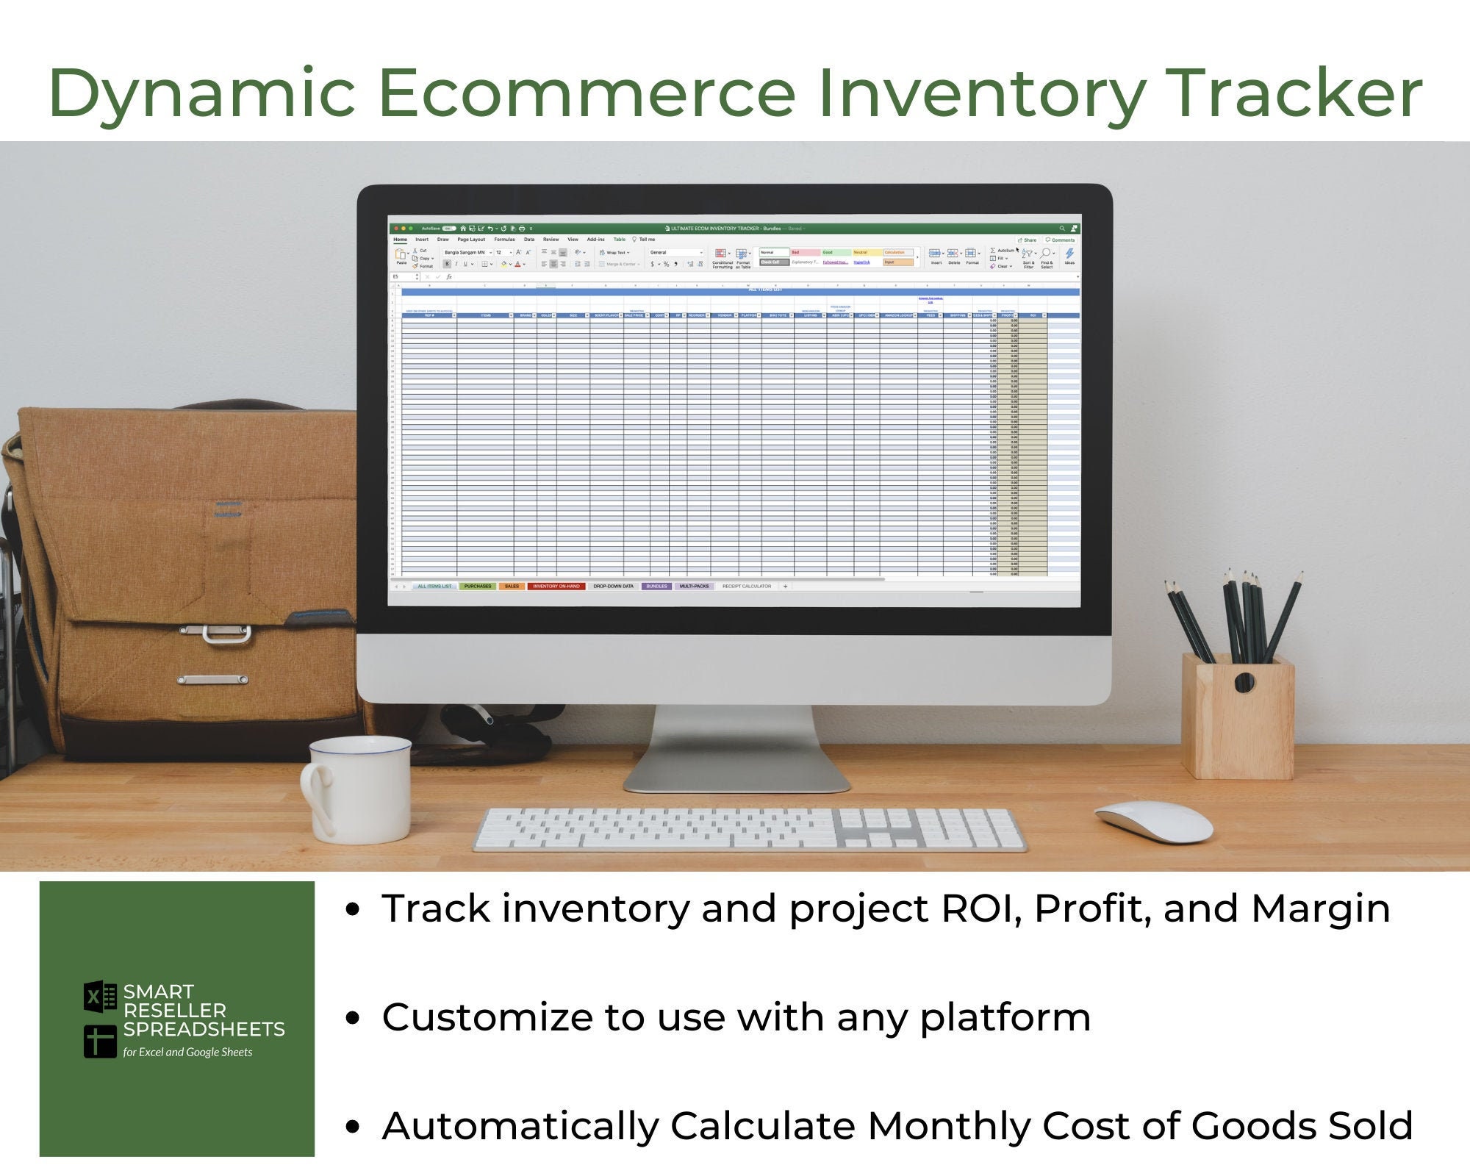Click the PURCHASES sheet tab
pyautogui.click(x=478, y=587)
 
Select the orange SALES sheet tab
pyautogui.click(x=512, y=587)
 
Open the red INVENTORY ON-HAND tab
pyautogui.click(x=556, y=587)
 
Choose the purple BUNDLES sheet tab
pyautogui.click(x=656, y=587)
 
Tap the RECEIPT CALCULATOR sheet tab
pyautogui.click(x=747, y=587)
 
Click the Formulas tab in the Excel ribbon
pyautogui.click(x=504, y=240)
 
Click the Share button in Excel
pyautogui.click(x=1028, y=240)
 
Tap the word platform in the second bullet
pyautogui.click(x=1005, y=1018)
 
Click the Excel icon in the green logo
pyautogui.click(x=100, y=997)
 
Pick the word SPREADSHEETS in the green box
pyautogui.click(x=204, y=1029)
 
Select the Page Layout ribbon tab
pyautogui.click(x=471, y=240)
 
